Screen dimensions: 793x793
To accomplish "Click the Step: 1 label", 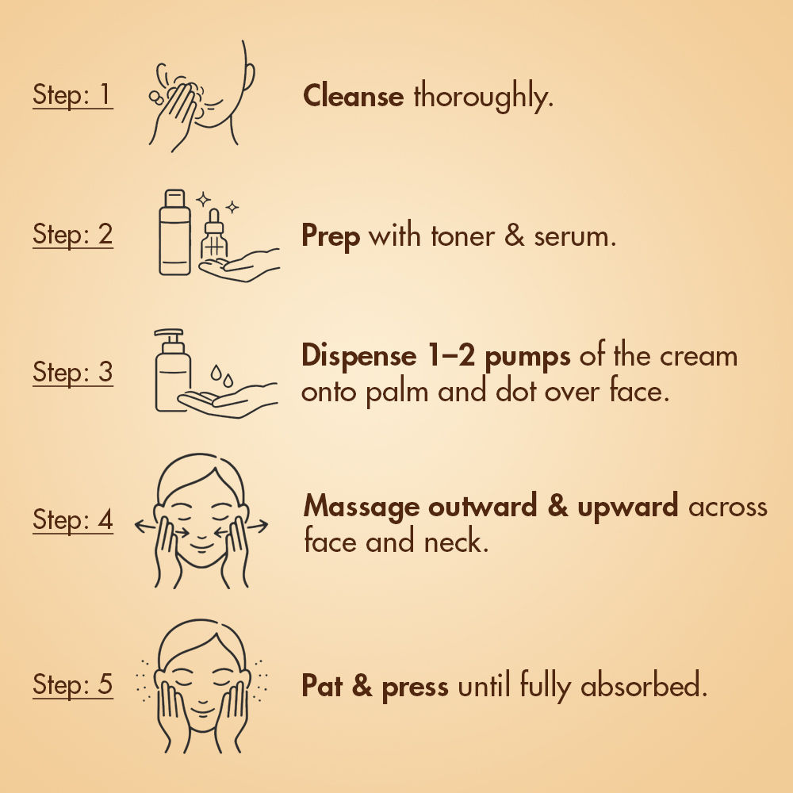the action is (x=73, y=94).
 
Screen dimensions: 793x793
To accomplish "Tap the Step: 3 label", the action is (x=73, y=372).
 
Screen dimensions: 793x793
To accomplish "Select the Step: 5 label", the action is (x=73, y=684).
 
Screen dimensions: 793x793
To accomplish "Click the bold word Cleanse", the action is (x=353, y=96).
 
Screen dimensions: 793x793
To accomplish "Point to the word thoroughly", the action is (x=484, y=96).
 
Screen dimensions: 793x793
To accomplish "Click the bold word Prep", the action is (x=331, y=236).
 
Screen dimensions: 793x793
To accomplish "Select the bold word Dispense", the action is (x=359, y=356).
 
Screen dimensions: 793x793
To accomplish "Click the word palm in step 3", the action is (x=396, y=392).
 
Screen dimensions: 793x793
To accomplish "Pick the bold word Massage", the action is (x=362, y=507).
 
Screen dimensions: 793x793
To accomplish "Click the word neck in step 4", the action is (x=456, y=541).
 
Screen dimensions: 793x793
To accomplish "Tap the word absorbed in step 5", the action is (x=643, y=685).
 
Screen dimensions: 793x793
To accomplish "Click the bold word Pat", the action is (x=322, y=685).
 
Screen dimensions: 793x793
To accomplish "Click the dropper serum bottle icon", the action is (x=214, y=234).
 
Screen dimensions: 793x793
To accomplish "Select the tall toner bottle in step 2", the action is (x=175, y=232).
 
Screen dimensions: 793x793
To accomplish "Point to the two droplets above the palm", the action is (x=222, y=376).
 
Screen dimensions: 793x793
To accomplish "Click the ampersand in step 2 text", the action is (x=515, y=236).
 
